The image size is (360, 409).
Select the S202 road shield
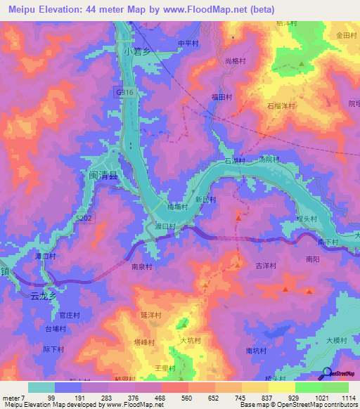[83, 219]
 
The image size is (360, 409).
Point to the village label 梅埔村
[177, 207]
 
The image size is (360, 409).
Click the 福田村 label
[221, 96]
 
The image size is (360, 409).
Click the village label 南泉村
[142, 266]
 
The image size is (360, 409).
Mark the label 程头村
[307, 219]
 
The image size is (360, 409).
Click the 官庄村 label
[69, 316]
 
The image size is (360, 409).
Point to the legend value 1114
[347, 398]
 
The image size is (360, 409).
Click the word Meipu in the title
[25, 10]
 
